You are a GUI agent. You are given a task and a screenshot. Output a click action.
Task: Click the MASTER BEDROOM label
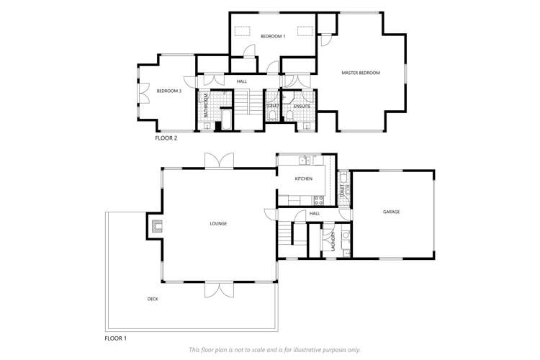click(360, 73)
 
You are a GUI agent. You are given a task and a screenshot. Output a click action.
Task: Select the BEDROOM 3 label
click(169, 91)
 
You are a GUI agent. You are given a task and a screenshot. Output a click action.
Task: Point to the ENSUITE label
click(302, 107)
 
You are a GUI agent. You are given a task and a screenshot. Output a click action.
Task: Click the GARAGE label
click(391, 212)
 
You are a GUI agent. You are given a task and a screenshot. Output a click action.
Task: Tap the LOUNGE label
click(218, 223)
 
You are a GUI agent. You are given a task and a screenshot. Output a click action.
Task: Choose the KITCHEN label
click(303, 179)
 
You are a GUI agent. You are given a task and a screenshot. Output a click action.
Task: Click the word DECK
click(153, 298)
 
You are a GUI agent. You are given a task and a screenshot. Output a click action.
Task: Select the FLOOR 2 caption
click(166, 138)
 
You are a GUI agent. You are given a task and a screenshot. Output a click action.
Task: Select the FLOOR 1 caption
click(115, 337)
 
